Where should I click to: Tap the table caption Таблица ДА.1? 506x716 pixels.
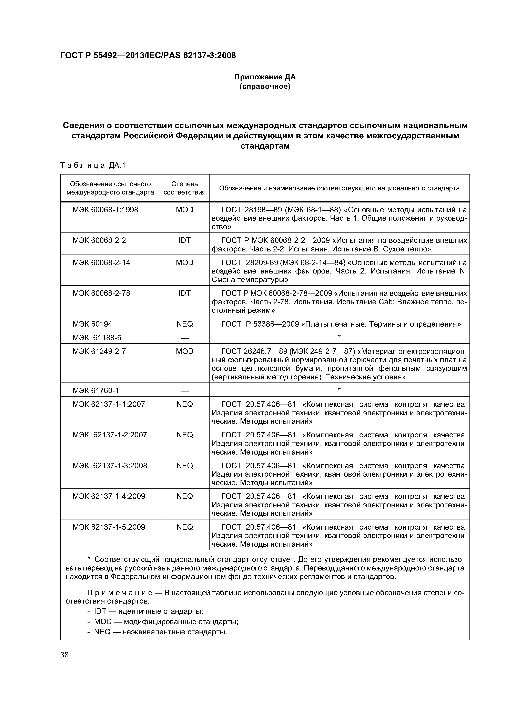tap(93, 165)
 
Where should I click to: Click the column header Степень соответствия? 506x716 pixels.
tap(185, 188)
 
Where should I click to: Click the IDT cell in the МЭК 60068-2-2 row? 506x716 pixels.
tap(185, 240)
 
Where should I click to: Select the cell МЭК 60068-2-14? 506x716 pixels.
tap(101, 262)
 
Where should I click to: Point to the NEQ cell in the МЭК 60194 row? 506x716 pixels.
tap(185, 324)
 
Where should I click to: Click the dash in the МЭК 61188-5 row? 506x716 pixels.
tap(185, 338)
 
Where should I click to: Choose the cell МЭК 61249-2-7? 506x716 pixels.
tap(99, 351)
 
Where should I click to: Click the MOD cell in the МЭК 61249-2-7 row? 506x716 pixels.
tap(185, 351)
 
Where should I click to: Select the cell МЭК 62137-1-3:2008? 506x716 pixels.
tap(110, 466)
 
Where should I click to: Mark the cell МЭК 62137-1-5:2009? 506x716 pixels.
tap(109, 527)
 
